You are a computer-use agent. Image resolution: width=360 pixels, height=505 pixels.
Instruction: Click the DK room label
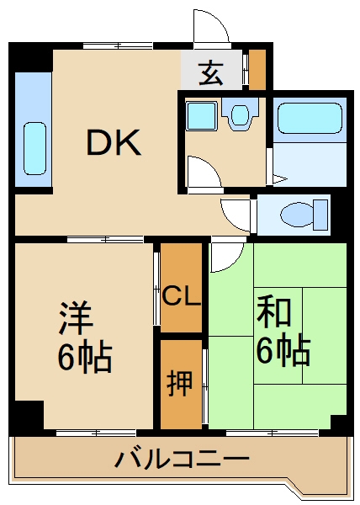[x=114, y=142]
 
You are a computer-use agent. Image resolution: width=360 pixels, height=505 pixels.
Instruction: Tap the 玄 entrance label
[x=211, y=74]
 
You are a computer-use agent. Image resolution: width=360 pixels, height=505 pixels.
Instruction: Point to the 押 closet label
[x=180, y=383]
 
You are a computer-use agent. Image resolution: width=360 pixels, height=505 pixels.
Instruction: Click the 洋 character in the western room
[x=77, y=317]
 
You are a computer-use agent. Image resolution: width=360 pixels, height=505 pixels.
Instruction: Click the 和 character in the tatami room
[x=273, y=313]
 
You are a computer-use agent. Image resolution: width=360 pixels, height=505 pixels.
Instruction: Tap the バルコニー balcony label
[x=182, y=459]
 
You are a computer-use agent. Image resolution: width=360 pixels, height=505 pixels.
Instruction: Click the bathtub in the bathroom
[x=310, y=118]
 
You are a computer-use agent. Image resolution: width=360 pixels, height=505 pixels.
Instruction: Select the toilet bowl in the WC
[x=297, y=214]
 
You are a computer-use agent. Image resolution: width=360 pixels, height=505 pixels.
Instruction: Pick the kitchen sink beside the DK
[x=34, y=150]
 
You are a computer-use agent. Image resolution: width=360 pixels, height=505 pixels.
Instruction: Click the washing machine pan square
[x=201, y=115]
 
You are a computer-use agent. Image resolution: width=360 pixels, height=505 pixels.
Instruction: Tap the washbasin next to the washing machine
[x=240, y=114]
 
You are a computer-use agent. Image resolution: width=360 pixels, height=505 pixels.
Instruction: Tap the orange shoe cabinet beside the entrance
[x=257, y=69]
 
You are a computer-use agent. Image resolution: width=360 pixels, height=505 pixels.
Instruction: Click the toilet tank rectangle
[x=320, y=215]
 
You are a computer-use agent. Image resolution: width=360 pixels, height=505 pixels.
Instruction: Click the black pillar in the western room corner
[x=29, y=414]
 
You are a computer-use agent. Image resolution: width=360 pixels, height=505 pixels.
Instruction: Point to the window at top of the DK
[x=118, y=45]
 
